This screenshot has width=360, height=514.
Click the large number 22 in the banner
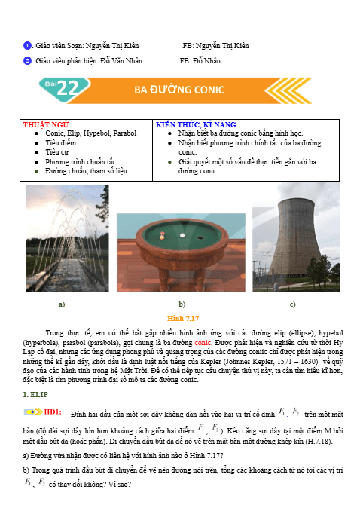point(67,90)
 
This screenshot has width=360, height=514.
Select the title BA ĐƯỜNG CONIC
point(179,90)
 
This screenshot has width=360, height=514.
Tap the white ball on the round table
point(180,234)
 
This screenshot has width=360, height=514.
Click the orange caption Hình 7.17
point(180,318)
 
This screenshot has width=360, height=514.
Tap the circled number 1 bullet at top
point(27,45)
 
